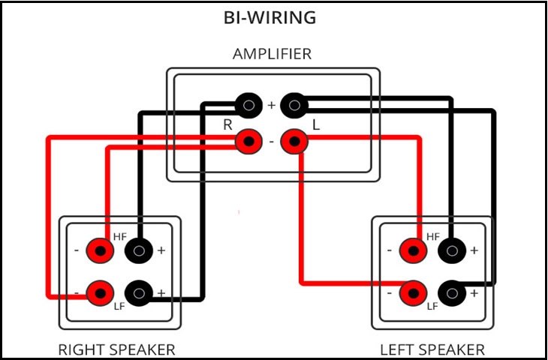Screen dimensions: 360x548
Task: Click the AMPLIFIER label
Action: [x=272, y=54]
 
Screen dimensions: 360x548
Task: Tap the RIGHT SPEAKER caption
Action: [x=116, y=349]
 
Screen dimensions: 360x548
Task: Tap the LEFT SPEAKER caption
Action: [x=432, y=349]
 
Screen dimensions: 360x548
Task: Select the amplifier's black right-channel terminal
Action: [x=247, y=106]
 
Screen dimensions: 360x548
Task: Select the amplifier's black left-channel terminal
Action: [x=294, y=106]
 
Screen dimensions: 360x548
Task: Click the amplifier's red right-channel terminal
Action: [x=247, y=140]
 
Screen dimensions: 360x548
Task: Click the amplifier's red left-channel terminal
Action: [x=294, y=140]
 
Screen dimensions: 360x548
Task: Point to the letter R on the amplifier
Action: [x=227, y=125]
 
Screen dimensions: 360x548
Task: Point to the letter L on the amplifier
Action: [x=316, y=125]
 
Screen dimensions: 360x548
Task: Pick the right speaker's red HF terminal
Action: [x=98, y=250]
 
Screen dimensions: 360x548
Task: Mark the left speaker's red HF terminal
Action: [x=411, y=250]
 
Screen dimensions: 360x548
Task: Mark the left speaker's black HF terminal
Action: [x=450, y=250]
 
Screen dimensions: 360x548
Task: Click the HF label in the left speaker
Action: [x=432, y=237]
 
